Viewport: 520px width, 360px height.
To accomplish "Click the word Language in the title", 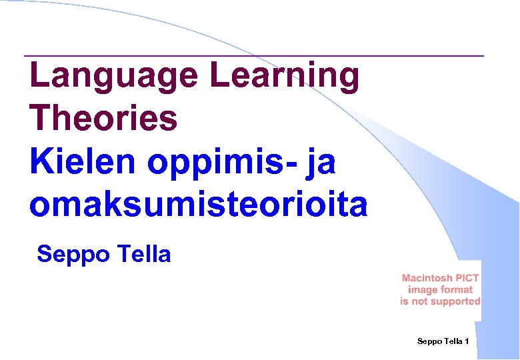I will (113, 76).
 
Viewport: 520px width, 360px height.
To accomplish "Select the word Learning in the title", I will (285, 76).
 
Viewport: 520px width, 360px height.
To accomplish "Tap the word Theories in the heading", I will (103, 119).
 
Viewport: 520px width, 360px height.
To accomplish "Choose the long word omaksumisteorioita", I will (198, 205).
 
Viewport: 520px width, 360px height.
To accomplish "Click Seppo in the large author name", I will (72, 255).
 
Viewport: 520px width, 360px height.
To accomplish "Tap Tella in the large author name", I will (144, 253).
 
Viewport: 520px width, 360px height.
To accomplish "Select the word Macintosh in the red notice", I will (427, 278).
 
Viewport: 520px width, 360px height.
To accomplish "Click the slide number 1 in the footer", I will (467, 341).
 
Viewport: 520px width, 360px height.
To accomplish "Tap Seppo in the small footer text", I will (429, 341).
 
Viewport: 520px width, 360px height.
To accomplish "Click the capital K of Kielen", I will (39, 163).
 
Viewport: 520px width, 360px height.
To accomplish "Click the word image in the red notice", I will (423, 290).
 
